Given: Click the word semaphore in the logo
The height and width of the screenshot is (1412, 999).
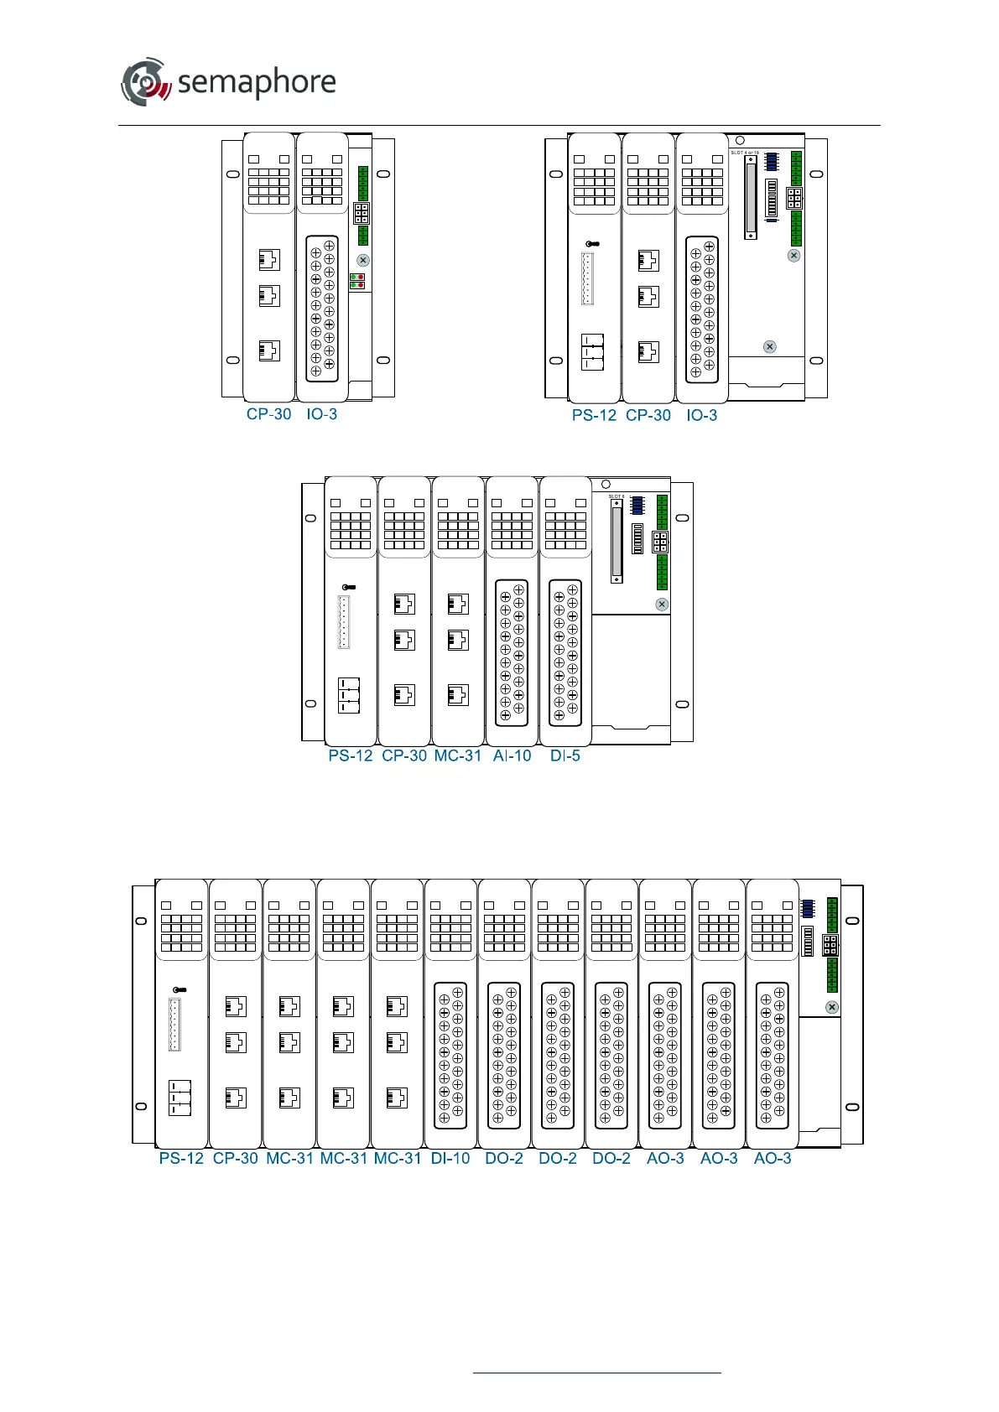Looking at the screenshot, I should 257,83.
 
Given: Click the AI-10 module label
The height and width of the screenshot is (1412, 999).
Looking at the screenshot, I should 512,755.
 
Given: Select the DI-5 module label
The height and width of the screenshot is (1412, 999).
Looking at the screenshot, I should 565,755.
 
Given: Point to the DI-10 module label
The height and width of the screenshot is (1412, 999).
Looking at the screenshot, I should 450,1158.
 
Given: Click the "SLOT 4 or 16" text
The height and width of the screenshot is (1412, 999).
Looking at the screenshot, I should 745,153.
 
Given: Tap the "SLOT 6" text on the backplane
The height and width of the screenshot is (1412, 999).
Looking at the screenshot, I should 617,496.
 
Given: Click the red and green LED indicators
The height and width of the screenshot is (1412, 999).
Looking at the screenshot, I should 357,281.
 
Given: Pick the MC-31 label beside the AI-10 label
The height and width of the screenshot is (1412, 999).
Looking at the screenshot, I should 458,755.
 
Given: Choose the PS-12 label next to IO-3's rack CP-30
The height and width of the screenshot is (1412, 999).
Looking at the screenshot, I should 594,415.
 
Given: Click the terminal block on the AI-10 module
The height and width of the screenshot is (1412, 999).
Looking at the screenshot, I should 512,653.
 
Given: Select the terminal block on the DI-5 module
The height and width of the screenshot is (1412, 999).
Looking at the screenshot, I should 565,653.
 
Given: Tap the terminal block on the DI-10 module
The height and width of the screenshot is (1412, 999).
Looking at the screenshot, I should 450,1056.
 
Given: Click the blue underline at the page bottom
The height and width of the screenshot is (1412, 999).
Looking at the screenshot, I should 597,1373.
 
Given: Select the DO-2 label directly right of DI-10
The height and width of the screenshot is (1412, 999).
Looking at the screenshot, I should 504,1158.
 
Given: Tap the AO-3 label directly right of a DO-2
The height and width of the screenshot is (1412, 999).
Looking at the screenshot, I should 665,1158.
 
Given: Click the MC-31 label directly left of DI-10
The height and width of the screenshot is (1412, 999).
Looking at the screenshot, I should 397,1158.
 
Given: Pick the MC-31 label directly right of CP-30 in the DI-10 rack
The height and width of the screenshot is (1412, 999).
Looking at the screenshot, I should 289,1158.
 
